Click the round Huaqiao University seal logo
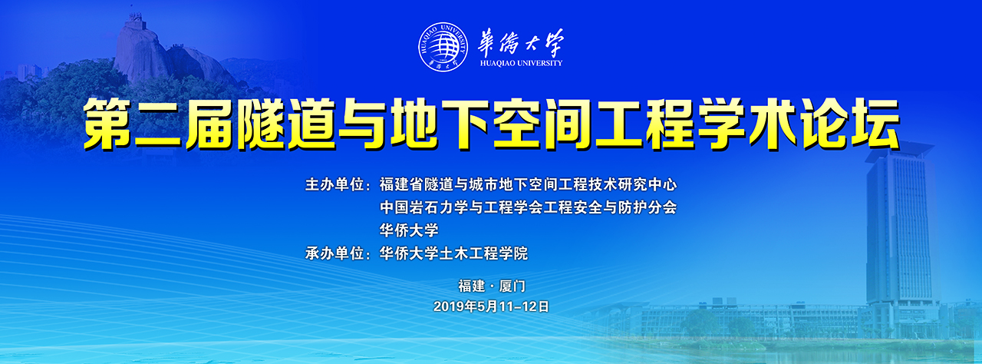pos(443,47)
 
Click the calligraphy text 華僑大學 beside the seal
pos(521,42)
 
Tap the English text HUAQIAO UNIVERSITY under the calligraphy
pos(521,63)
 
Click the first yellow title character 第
pos(107,124)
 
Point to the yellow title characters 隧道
pos(285,124)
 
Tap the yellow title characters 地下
pos(440,124)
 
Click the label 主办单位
pos(335,184)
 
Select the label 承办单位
pos(335,253)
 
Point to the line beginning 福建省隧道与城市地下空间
pos(529,184)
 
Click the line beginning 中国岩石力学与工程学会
pos(529,207)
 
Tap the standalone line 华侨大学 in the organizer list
pos(409,230)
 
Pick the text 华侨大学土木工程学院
pos(453,253)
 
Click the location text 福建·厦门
pos(492,286)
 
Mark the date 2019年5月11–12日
pos(491,306)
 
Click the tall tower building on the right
pos(901,237)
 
